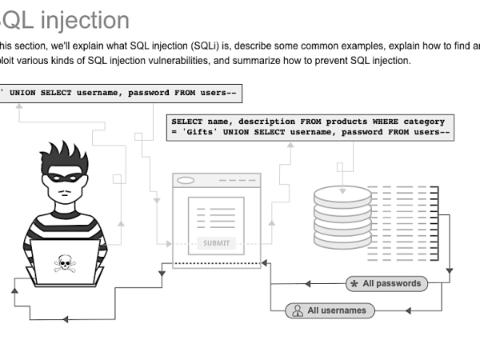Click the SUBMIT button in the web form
216,243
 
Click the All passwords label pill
385,283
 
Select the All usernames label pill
330,310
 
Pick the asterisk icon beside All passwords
354,284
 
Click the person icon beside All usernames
297,310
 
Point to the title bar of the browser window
217,180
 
